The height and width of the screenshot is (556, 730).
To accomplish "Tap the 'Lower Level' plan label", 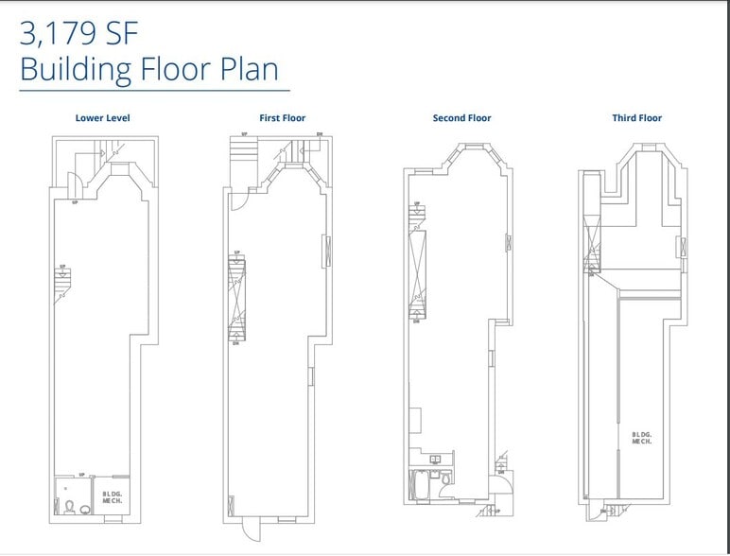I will click(102, 118).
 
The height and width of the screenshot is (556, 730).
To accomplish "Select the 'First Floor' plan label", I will click(282, 118).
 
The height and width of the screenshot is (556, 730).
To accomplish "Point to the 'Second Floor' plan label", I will click(461, 118).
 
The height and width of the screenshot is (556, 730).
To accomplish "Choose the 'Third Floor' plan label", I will click(636, 118).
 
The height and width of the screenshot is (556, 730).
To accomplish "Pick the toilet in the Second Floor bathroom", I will click(446, 479).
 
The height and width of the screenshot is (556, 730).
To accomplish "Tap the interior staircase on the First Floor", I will click(235, 301).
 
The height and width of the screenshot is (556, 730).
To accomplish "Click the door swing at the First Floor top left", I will click(236, 197).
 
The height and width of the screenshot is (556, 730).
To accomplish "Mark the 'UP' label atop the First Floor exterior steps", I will click(244, 135).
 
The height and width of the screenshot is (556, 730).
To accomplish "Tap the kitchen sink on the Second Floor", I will click(436, 460).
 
